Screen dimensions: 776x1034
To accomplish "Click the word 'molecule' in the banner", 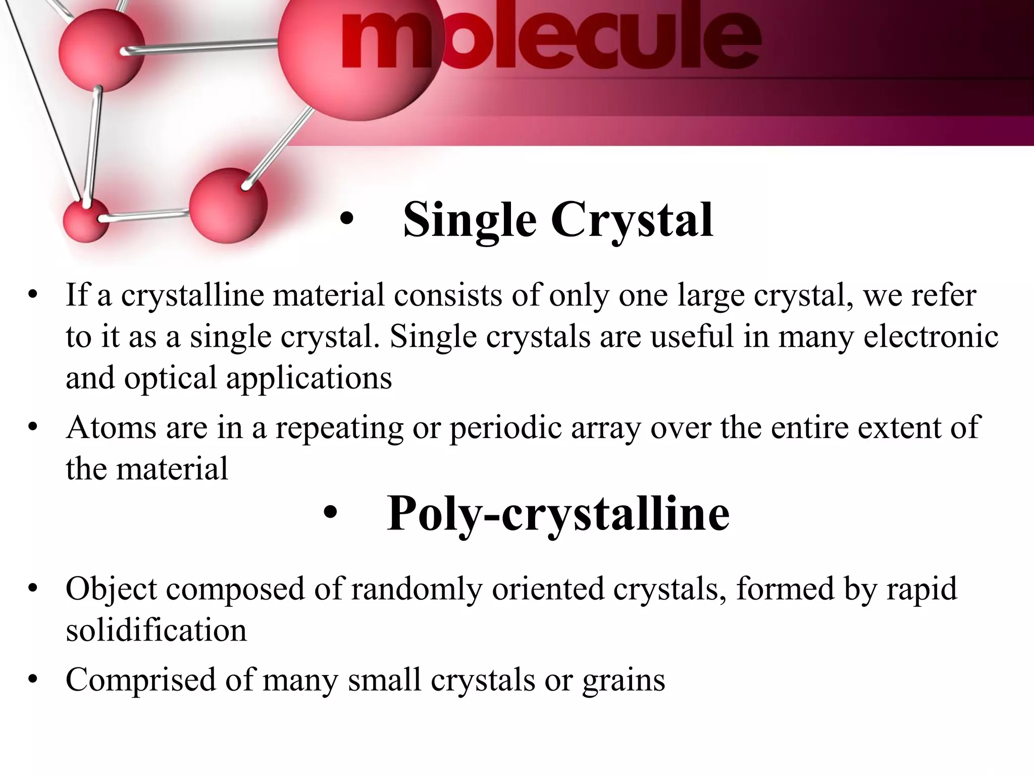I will [x=550, y=40].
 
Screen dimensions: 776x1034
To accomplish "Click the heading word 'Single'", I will [x=470, y=220].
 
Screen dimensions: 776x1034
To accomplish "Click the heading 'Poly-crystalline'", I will [x=558, y=514].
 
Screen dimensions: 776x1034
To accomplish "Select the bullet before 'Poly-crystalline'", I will [x=330, y=514].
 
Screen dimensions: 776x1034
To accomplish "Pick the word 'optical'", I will [x=170, y=378].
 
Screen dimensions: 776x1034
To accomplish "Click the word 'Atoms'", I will [x=111, y=427].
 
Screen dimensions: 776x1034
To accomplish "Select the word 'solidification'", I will [x=156, y=630].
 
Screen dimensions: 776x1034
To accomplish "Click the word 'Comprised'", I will [x=141, y=680].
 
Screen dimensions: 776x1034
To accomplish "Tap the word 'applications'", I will [x=308, y=378].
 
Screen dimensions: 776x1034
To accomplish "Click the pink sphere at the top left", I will [x=101, y=49].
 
